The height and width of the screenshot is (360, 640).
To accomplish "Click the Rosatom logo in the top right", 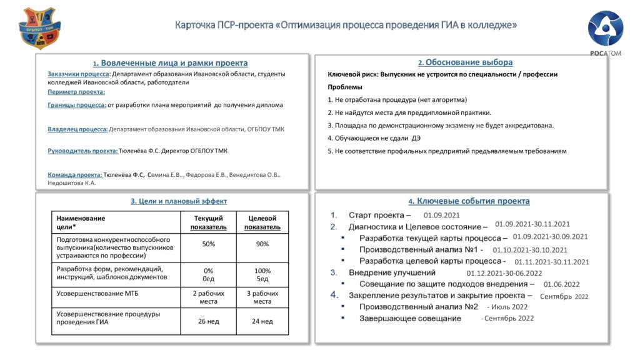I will [x=605, y=31].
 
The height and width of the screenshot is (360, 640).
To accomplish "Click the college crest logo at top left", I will [x=40, y=29].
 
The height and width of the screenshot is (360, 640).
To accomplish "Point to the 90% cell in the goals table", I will [x=262, y=244].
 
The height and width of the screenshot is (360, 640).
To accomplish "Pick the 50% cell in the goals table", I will [x=208, y=244].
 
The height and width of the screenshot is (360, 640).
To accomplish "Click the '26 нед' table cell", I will [x=208, y=321].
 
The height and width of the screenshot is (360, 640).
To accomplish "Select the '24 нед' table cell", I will [x=262, y=321].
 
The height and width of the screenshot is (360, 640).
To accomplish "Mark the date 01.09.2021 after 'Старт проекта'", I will [x=446, y=214].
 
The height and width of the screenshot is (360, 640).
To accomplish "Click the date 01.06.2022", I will [x=562, y=284].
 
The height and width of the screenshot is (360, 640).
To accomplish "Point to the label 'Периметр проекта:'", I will [x=76, y=92].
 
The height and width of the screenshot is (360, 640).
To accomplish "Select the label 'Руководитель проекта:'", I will [x=82, y=151].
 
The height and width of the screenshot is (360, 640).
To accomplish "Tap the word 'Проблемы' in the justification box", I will [x=344, y=87].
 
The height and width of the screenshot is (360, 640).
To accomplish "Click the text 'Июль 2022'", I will [x=511, y=307].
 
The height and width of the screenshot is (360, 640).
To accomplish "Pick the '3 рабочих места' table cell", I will [x=262, y=297].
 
